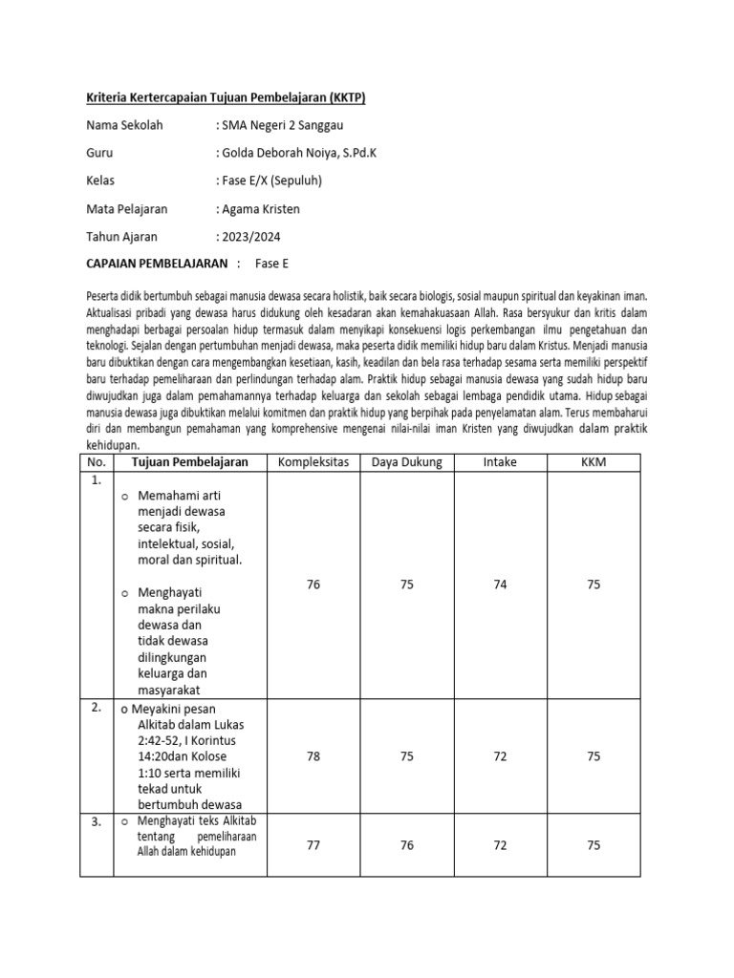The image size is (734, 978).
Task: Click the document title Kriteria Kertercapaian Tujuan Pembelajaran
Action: [226, 98]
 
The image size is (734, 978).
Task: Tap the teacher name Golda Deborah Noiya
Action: [299, 152]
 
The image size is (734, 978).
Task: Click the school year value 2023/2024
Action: [250, 236]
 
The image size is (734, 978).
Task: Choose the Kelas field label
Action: [101, 181]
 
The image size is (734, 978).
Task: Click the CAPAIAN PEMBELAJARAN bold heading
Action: [158, 264]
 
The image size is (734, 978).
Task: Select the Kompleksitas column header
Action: [313, 462]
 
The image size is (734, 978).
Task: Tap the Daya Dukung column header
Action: [406, 462]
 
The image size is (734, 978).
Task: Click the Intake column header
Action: [500, 462]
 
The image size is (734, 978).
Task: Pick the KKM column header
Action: [594, 462]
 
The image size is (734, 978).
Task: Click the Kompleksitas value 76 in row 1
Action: [313, 585]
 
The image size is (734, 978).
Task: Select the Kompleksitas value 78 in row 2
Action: [313, 756]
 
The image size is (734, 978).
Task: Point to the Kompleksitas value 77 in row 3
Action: [313, 844]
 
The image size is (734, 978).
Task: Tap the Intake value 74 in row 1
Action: [500, 585]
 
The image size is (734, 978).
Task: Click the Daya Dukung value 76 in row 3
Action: [406, 844]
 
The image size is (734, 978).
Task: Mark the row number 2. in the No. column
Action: [97, 709]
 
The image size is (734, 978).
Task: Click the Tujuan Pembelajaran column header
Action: [191, 462]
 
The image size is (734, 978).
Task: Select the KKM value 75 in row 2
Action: [594, 756]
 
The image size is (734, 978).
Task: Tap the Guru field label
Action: [99, 152]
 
